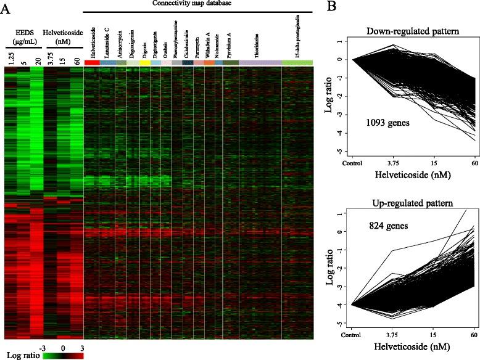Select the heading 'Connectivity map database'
(197, 4)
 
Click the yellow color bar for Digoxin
(145, 63)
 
